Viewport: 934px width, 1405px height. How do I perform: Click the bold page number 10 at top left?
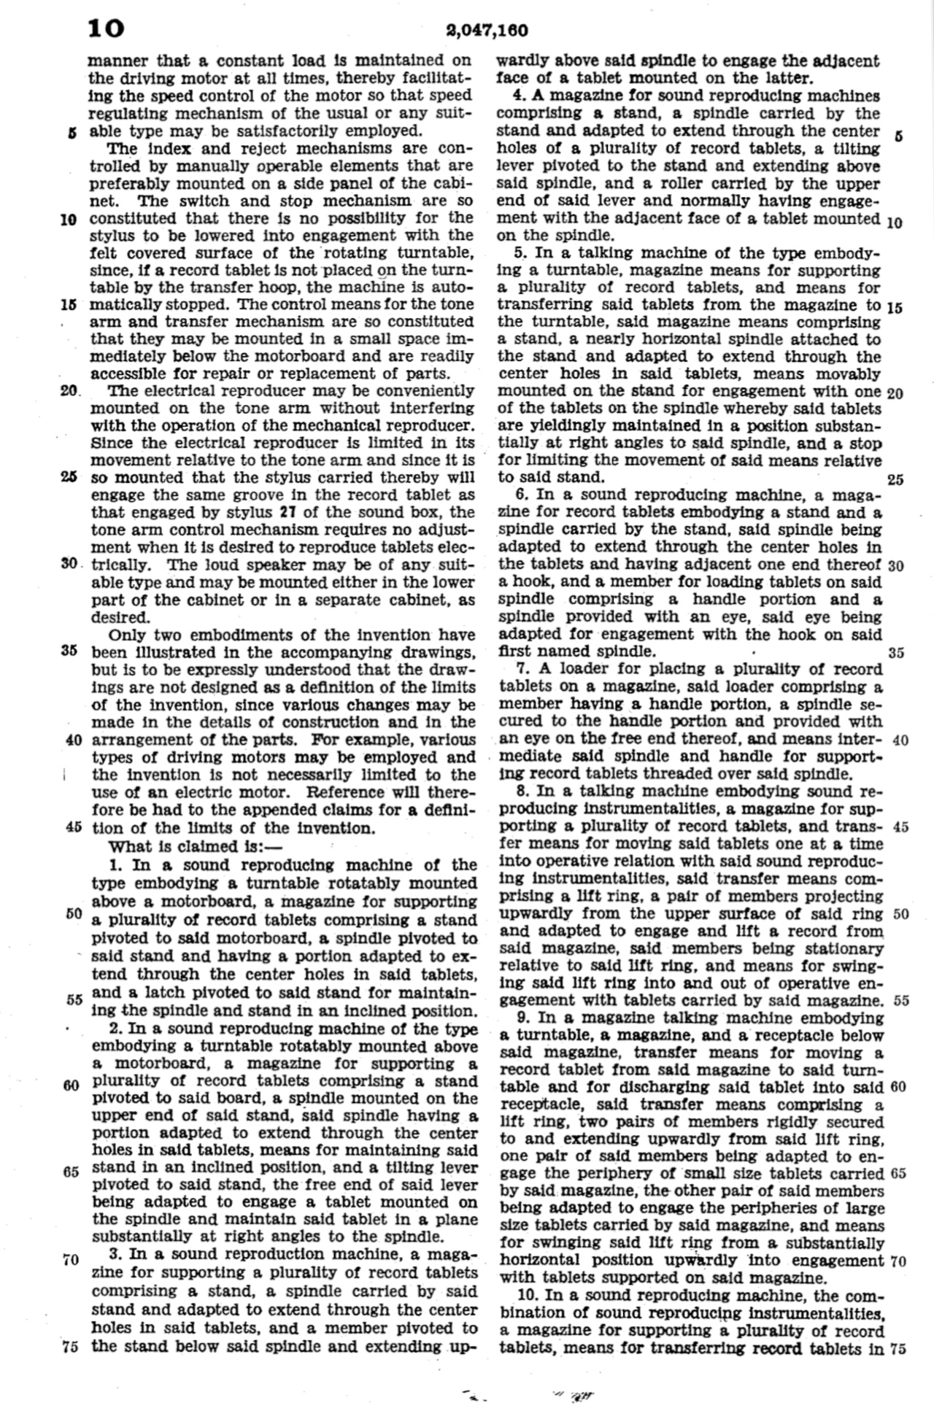pos(106,29)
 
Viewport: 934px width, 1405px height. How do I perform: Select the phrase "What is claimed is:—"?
pos(170,847)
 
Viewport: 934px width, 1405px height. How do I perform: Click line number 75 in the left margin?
pos(70,1347)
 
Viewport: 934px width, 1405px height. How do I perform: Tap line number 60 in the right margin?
pos(898,1087)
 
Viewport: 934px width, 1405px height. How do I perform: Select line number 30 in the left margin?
pos(69,565)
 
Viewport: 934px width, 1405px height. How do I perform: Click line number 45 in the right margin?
pos(900,827)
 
